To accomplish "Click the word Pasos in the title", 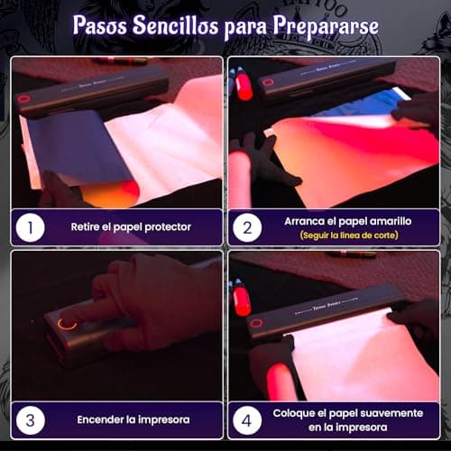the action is coord(100,24).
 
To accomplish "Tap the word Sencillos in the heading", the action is coord(176,24).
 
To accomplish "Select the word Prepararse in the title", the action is coord(326,26).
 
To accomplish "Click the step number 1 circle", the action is coord(30,227).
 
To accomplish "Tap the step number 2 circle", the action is coord(247,227).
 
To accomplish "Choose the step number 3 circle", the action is coord(30,420).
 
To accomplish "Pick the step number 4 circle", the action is coord(247,420).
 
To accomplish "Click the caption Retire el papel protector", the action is coord(131,227).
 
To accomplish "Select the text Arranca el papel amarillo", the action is coord(348,221).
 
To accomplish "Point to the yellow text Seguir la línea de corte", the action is coord(349,235).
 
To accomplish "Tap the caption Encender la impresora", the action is coord(133,419).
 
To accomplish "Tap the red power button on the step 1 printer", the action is coord(22,99).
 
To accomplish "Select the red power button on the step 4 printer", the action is coord(256,324).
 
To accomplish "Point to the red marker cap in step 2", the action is coord(244,87).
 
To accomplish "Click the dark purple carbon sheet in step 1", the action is coord(79,144).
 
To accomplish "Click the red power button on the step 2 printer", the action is coord(267,83).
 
